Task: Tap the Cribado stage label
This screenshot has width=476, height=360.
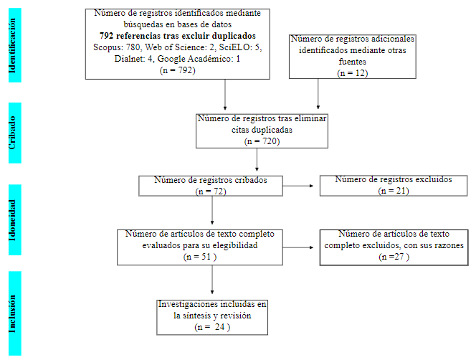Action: coord(11,133)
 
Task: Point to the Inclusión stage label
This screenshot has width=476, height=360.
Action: coord(11,313)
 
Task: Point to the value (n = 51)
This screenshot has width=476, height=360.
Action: coord(200,256)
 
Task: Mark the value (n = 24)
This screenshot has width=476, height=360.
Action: coord(212,326)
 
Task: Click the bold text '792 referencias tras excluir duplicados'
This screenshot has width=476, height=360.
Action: coord(178,36)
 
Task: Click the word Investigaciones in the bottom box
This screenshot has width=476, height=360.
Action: coord(189,304)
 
